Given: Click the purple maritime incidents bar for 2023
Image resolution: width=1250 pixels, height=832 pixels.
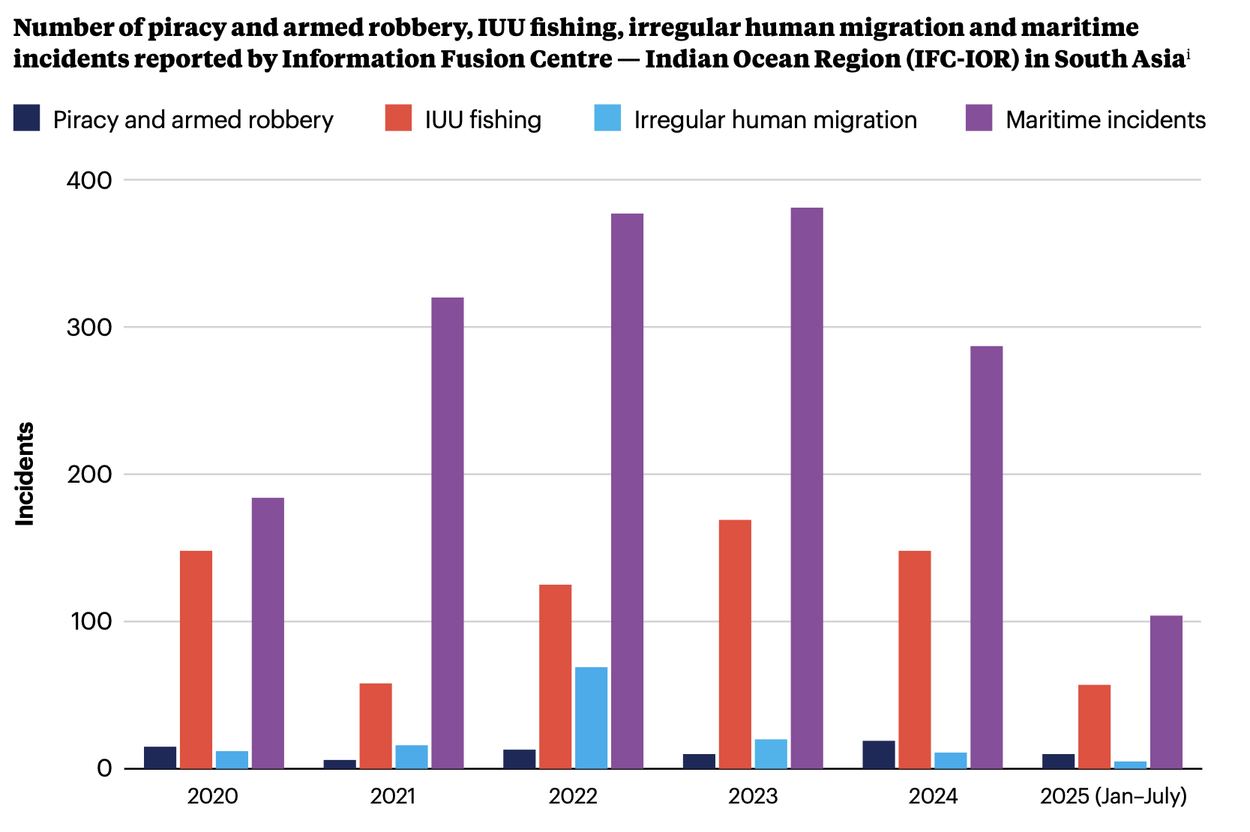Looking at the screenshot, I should click(x=806, y=487).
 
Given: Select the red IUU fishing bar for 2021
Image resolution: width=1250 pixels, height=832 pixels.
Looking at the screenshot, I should click(x=375, y=726).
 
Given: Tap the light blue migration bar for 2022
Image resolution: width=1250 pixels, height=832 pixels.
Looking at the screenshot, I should click(x=591, y=717).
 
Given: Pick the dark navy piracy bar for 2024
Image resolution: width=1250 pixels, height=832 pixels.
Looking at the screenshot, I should click(x=878, y=754).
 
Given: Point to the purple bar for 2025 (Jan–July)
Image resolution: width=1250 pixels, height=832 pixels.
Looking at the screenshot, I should click(x=1166, y=692).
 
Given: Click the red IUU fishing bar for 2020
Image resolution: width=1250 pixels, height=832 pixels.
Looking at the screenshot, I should click(x=196, y=660).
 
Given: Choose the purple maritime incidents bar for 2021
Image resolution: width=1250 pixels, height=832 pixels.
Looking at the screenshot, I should click(x=447, y=532).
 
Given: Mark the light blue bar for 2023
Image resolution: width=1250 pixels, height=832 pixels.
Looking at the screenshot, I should click(x=771, y=753).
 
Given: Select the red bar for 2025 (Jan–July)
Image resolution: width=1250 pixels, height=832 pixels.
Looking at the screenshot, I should click(x=1094, y=726).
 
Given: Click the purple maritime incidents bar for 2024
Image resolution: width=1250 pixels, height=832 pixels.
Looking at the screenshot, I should click(x=986, y=557).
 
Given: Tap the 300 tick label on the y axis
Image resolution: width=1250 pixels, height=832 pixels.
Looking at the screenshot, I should click(x=89, y=328).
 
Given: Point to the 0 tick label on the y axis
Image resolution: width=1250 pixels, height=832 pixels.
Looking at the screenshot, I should click(x=103, y=769).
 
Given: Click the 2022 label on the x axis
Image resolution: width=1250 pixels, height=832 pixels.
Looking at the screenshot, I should click(x=573, y=796).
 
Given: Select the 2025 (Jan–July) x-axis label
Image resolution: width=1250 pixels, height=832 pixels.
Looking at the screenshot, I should click(x=1113, y=796).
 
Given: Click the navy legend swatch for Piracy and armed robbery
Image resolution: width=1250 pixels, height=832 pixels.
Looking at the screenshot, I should click(x=26, y=118).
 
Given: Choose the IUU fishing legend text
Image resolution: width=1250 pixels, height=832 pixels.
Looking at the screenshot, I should click(x=483, y=120).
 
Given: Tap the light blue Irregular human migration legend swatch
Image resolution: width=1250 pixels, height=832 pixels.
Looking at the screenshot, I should click(x=607, y=118).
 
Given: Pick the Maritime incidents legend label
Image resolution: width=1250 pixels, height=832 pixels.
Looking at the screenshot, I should click(x=1105, y=120).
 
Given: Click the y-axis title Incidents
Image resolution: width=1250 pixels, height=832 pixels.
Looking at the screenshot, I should click(x=25, y=474).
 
